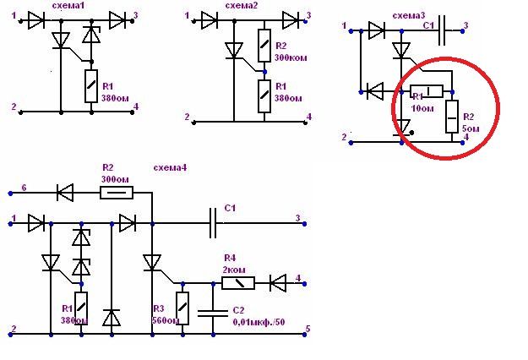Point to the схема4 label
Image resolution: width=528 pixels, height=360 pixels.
tap(171, 167)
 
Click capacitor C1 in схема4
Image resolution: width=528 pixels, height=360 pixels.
tap(214, 224)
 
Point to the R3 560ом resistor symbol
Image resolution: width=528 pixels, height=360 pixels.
tap(182, 306)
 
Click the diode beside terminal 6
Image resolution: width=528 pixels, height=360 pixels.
tap(65, 193)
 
